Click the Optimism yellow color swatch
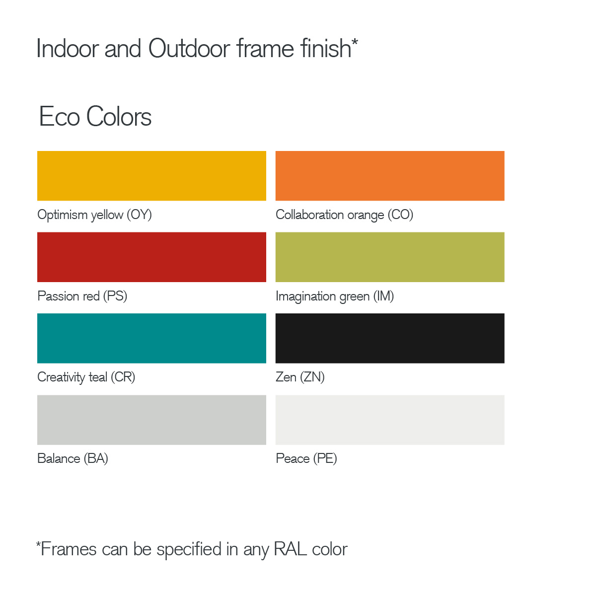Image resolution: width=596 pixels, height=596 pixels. tap(151, 176)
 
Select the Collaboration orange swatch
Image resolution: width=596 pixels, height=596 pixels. tap(390, 176)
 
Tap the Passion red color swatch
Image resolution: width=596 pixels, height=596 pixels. tap(151, 257)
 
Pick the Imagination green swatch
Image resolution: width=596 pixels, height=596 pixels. tap(390, 257)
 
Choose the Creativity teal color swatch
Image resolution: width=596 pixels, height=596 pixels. tap(151, 338)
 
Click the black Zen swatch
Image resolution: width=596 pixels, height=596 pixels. tap(390, 338)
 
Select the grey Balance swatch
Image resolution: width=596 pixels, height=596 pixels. tap(151, 420)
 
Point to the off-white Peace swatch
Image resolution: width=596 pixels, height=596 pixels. tap(390, 420)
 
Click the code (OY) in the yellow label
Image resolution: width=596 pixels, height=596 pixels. tap(139, 215)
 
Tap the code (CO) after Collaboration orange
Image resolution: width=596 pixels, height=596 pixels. tap(400, 215)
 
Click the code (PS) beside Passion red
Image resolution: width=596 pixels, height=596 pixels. tap(115, 296)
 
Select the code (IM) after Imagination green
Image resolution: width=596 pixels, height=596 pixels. tap(383, 296)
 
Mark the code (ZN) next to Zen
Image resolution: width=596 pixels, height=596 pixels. tap(312, 377)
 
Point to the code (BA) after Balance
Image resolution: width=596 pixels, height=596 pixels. tap(96, 458)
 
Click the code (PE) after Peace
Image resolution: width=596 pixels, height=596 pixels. tap(325, 458)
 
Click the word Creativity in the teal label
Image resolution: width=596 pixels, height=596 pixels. tap(61, 377)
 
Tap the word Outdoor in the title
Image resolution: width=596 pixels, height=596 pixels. tap(189, 49)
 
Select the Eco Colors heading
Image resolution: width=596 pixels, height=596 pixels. tap(95, 117)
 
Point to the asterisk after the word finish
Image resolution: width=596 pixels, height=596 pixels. tap(355, 42)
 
